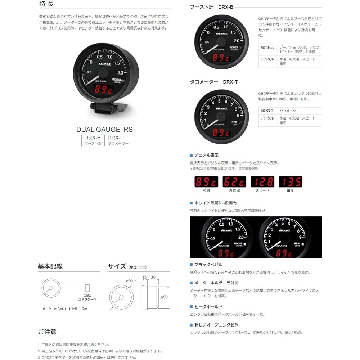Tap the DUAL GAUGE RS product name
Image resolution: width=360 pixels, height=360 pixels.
[x=104, y=129]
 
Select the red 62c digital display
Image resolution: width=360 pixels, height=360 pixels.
[x=234, y=181]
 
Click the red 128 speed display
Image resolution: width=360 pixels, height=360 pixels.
[x=262, y=181]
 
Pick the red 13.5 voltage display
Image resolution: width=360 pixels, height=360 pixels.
[x=290, y=181]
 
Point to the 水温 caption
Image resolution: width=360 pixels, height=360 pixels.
[x=206, y=190]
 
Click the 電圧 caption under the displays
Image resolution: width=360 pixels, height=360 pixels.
[x=290, y=190]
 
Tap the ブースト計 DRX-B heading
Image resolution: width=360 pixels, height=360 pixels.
[x=213, y=7]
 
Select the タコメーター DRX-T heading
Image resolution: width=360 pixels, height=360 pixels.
[x=213, y=82]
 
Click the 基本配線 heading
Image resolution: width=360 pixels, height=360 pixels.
[x=50, y=266]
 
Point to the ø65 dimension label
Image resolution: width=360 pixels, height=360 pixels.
[x=129, y=280]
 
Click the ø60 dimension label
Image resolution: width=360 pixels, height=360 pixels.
[x=164, y=297]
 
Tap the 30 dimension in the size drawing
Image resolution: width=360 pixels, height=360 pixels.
[x=153, y=277]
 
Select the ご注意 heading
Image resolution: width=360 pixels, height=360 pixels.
[x=47, y=332]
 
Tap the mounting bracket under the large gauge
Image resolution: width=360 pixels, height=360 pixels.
[x=106, y=108]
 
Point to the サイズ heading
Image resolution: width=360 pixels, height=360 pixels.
[x=117, y=266]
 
